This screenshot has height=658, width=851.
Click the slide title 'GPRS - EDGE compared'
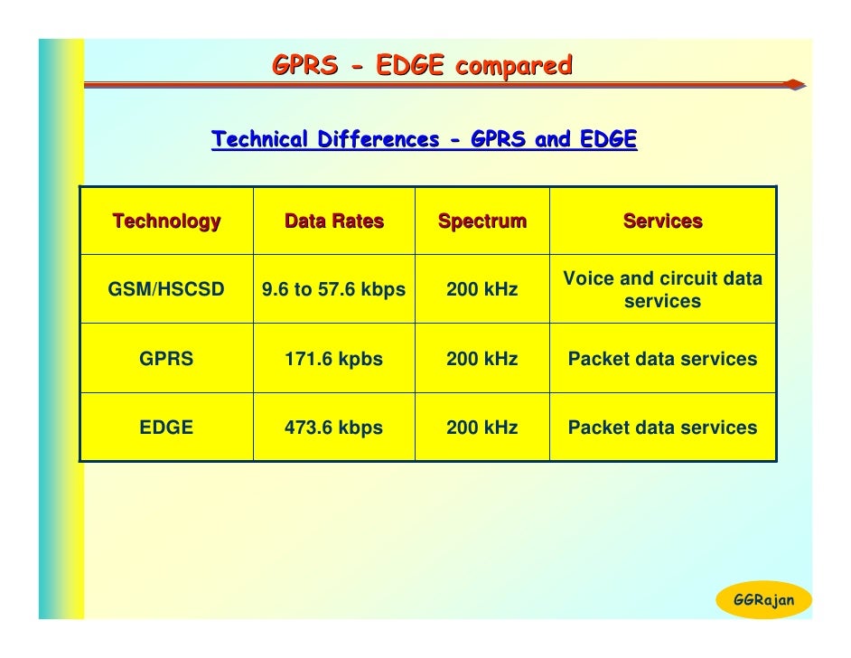click(422, 66)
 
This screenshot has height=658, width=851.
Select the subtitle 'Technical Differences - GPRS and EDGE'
click(424, 140)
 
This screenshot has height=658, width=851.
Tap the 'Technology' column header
click(166, 221)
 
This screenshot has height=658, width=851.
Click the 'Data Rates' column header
click(333, 221)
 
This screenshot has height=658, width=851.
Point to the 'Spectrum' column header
click(482, 221)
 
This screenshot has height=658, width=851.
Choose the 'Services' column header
click(662, 221)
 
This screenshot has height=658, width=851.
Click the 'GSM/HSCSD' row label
click(166, 290)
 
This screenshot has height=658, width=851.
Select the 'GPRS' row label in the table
click(166, 359)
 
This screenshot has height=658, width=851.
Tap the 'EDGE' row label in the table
click(166, 428)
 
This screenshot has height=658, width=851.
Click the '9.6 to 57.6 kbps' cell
click(333, 290)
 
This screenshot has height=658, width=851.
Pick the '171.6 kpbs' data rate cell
click(333, 359)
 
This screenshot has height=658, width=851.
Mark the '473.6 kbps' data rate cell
click(333, 428)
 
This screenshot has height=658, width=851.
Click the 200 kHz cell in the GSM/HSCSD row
click(482, 290)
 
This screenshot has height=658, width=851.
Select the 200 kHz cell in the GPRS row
click(482, 359)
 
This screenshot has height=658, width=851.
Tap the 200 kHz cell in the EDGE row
click(482, 428)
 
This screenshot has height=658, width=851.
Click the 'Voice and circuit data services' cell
click(662, 290)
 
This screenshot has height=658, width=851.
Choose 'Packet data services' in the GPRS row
click(662, 359)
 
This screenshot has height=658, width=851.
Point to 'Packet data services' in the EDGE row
click(662, 428)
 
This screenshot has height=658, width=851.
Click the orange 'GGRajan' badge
click(763, 600)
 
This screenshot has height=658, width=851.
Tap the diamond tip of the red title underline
click(793, 85)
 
